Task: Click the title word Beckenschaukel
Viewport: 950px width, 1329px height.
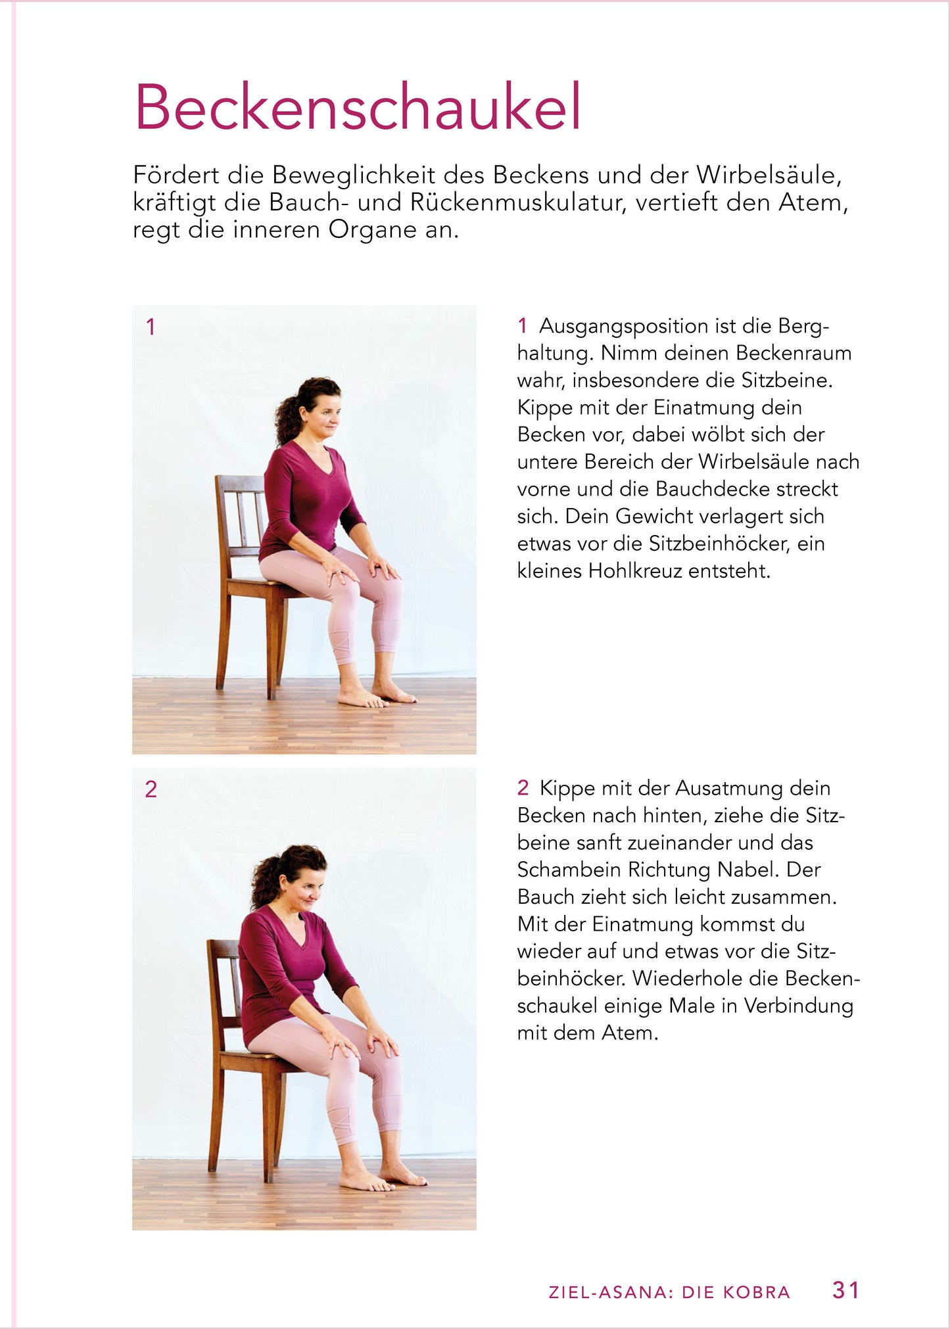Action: coord(358,107)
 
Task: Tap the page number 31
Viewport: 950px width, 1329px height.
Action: coord(845,1290)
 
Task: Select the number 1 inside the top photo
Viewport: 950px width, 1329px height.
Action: coord(151,327)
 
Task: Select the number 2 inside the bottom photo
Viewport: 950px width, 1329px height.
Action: coord(151,789)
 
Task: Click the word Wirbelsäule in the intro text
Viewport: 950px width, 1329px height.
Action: coord(768,175)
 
